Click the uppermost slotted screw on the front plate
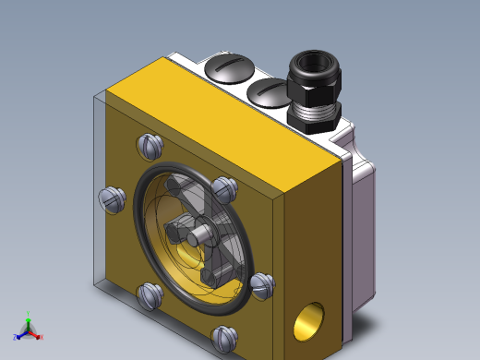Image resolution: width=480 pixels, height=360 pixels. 150,145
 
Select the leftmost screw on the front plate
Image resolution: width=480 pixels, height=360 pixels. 112,198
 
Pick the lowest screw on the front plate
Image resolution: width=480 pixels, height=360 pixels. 224,339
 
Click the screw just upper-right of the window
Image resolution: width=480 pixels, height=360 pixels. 224,189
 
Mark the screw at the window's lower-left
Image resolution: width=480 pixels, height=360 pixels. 150,295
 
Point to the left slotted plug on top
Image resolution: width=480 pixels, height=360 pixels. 226,67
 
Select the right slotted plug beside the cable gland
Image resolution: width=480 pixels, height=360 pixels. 268,91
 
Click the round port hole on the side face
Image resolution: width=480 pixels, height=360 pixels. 306,323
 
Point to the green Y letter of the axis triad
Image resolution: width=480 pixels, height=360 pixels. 29,313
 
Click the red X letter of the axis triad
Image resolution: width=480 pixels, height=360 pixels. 41,337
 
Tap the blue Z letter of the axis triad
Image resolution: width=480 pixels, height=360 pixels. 16,338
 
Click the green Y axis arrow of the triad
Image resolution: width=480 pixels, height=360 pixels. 29,323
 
